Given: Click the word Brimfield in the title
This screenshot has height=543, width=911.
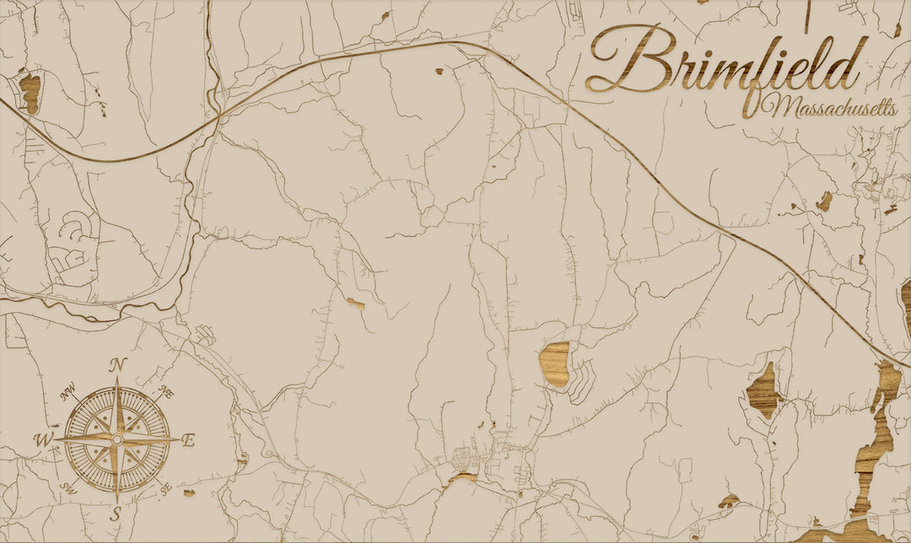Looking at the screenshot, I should (x=725, y=61).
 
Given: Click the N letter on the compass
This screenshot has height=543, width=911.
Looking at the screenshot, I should (x=118, y=365).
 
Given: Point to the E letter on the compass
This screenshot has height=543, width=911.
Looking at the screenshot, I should (x=188, y=439).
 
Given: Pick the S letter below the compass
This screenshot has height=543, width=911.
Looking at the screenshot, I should (x=116, y=513).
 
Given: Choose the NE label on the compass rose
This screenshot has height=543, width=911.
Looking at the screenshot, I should (x=167, y=392).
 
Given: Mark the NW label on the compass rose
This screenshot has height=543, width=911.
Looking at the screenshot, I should (x=67, y=392).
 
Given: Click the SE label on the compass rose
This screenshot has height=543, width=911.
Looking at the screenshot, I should (x=166, y=487).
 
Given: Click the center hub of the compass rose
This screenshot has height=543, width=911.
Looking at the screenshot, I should (x=116, y=439).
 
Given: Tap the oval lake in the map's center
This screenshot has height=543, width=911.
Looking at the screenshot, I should (x=555, y=364).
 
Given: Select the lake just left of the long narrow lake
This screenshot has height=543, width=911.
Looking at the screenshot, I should (x=764, y=390).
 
